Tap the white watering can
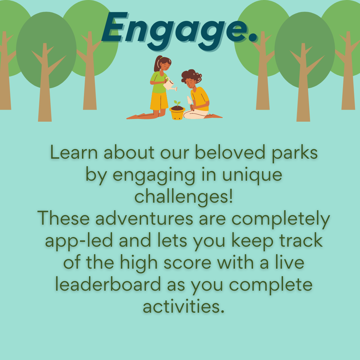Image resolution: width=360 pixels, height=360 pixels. click(169, 84)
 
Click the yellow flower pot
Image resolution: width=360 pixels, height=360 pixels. click(177, 113)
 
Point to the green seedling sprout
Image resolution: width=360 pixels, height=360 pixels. click(177, 103)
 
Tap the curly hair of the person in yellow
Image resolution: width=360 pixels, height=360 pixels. click(191, 76)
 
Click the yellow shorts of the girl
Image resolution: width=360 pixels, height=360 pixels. click(159, 101)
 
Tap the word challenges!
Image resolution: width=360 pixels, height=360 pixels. click(183, 197)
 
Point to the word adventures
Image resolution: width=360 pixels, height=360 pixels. click(144, 219)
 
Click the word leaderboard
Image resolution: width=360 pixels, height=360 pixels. click(108, 284)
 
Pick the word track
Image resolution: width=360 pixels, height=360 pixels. click(301, 240)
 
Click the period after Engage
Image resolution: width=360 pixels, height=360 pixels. click(253, 38)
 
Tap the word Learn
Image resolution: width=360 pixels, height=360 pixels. click(74, 152)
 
